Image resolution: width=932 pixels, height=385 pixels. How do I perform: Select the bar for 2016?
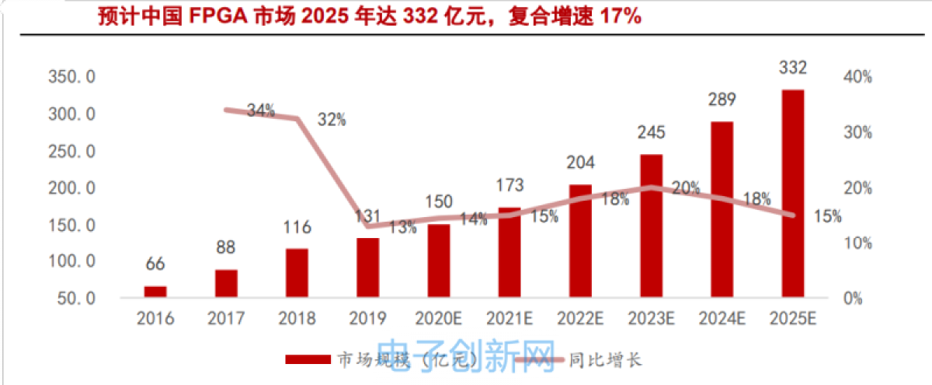pos(155,291)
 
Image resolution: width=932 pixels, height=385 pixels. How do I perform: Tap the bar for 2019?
pos(367,267)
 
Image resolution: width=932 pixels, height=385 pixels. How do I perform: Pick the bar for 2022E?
pos(580,240)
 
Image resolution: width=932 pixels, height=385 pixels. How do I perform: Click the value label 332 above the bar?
pos(792,68)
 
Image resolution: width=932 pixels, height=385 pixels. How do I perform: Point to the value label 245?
pos(651,133)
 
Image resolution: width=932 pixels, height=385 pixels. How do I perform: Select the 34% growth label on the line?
pos(261,110)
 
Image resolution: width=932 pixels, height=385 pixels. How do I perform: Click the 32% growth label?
pos(332,120)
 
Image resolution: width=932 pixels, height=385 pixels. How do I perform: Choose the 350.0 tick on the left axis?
pos(71,78)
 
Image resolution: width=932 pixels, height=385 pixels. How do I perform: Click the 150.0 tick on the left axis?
pos(71,226)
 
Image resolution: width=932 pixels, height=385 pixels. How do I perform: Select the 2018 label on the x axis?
pos(297,319)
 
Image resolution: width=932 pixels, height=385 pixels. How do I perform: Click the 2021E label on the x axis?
pos(509,319)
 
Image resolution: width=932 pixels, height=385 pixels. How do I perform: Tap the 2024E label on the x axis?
pos(722,319)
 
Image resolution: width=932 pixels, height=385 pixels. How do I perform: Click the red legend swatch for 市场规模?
pos(308,359)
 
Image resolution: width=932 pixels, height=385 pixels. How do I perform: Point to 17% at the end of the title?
pos(621,16)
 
